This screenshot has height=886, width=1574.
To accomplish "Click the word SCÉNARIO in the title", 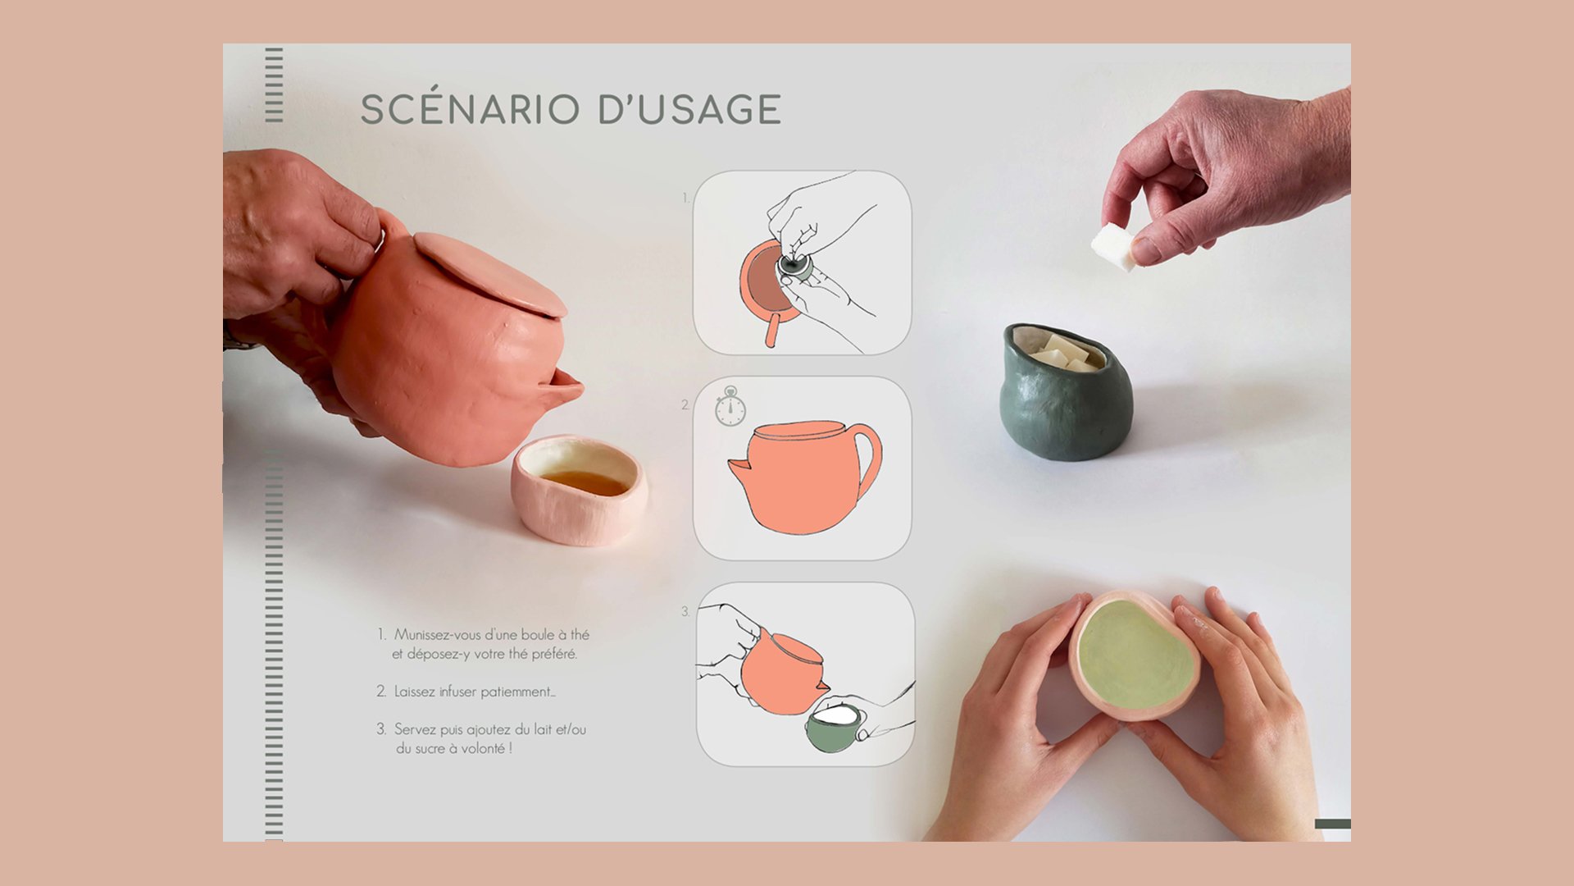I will tap(470, 110).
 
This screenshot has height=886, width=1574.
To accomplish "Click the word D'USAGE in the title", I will tap(689, 110).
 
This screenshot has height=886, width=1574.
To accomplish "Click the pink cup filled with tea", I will tap(579, 491).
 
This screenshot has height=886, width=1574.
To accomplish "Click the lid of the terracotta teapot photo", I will tap(490, 274).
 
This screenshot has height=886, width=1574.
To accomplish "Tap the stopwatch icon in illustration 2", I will tap(730, 408).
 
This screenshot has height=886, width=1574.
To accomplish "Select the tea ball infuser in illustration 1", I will tap(792, 266).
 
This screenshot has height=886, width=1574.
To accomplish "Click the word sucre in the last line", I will tap(435, 748).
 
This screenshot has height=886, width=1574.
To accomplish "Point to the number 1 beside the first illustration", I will tap(685, 198).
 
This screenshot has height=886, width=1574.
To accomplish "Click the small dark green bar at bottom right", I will tap(1331, 824).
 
